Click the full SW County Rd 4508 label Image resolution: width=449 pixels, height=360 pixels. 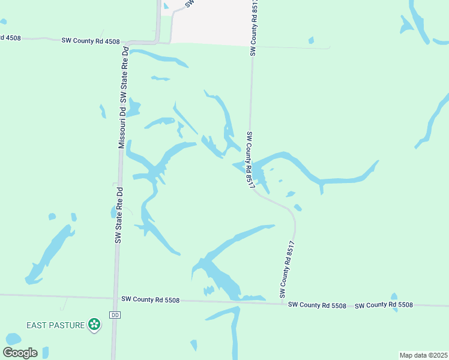pos(91,41)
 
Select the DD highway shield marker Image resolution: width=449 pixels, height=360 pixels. pos(115,315)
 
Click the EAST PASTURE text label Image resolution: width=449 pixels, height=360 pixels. pos(56,325)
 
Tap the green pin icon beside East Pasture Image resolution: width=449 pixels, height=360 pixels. pos(94,325)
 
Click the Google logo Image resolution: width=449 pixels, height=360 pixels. pos(20,353)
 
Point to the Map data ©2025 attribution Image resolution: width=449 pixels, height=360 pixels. pos(423,355)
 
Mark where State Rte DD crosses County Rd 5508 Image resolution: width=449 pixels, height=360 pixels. pos(115,298)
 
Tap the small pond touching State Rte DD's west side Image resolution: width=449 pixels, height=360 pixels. pos(113,212)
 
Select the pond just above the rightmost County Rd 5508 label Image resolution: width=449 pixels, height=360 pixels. pos(394,298)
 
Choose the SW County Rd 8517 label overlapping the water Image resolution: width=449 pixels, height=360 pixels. pos(248,159)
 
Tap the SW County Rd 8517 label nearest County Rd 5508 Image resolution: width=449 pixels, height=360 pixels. pos(287,269)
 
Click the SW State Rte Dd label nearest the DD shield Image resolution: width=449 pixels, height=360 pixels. pos(119,214)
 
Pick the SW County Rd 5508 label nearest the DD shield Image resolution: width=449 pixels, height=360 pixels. pos(150,299)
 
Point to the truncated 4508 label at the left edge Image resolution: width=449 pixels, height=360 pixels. pos(10,38)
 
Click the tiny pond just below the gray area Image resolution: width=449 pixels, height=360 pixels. pos(311,41)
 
